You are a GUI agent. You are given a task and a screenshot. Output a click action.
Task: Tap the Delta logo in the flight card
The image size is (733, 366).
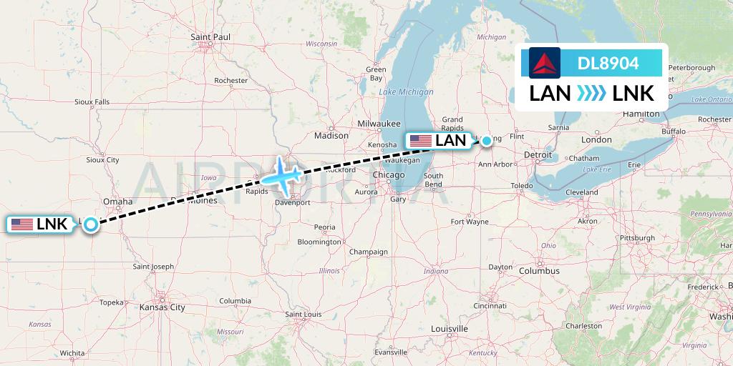[544, 63]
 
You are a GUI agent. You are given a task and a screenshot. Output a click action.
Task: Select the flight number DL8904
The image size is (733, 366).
[608, 63]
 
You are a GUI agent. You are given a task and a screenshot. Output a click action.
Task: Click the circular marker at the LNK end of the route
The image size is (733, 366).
[91, 224]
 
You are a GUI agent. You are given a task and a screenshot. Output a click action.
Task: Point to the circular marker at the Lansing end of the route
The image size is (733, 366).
[487, 141]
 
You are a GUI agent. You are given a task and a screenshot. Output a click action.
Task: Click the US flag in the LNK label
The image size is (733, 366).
[22, 224]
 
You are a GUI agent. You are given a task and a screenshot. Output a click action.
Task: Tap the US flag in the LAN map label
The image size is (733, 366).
[420, 141]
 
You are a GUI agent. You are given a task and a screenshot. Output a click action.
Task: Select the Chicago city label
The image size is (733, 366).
[389, 175]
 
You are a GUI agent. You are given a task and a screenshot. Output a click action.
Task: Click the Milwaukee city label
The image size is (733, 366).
[379, 123]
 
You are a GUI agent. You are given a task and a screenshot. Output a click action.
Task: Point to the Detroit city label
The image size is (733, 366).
[538, 154]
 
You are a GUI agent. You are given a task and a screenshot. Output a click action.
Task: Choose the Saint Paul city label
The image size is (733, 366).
[210, 36]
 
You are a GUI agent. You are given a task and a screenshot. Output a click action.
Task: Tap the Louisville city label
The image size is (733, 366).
[449, 328]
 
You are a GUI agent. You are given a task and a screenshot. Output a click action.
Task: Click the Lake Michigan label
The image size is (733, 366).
[407, 92]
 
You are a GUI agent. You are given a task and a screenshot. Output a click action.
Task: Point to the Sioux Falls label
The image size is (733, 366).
[92, 102]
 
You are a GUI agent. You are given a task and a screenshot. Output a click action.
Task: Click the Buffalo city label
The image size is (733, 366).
[674, 132]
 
